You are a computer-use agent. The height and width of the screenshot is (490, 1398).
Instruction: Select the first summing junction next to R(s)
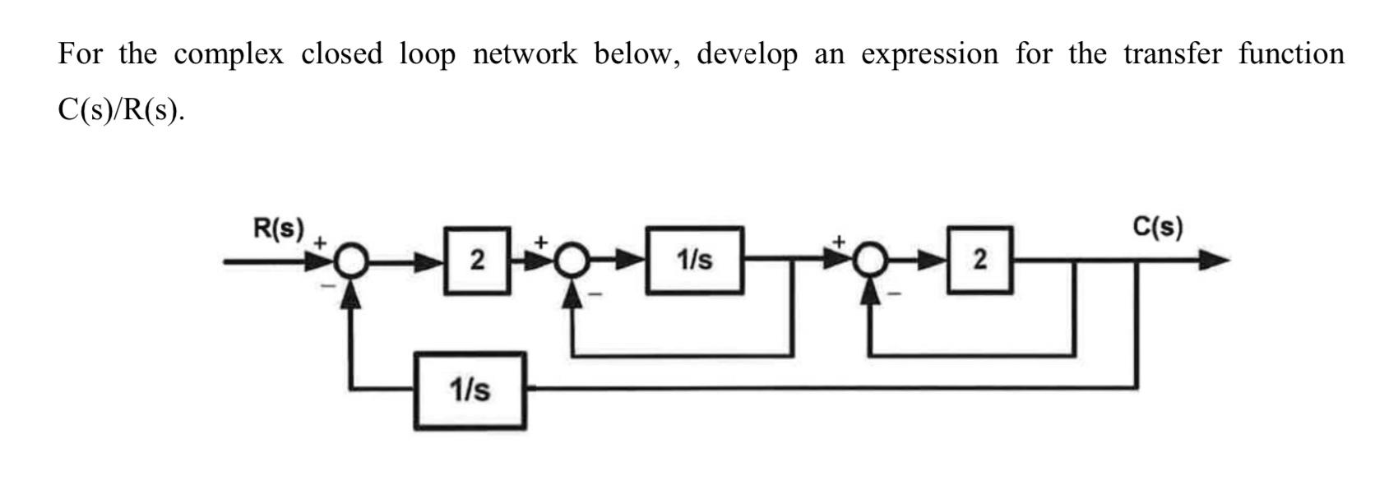click(x=352, y=262)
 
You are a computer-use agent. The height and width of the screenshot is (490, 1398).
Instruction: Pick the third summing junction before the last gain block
click(x=871, y=261)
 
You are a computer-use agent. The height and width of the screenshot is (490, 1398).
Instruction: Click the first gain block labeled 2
click(x=476, y=261)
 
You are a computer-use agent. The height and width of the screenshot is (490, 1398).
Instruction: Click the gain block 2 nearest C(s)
click(x=979, y=260)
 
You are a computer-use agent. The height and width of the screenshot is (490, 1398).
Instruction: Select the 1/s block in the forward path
click(x=695, y=261)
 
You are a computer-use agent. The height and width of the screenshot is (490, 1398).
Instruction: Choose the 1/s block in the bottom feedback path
click(x=470, y=390)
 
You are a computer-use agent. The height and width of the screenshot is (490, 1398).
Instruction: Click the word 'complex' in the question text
click(x=229, y=55)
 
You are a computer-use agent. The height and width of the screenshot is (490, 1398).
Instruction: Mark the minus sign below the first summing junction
click(x=326, y=286)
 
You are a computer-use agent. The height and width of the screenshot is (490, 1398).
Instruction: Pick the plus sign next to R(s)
click(x=321, y=243)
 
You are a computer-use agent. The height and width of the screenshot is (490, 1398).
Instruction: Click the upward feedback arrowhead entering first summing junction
click(x=352, y=293)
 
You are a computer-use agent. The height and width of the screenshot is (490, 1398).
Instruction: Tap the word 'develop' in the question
click(x=747, y=55)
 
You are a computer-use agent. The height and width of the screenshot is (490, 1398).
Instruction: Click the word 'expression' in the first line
click(x=929, y=55)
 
